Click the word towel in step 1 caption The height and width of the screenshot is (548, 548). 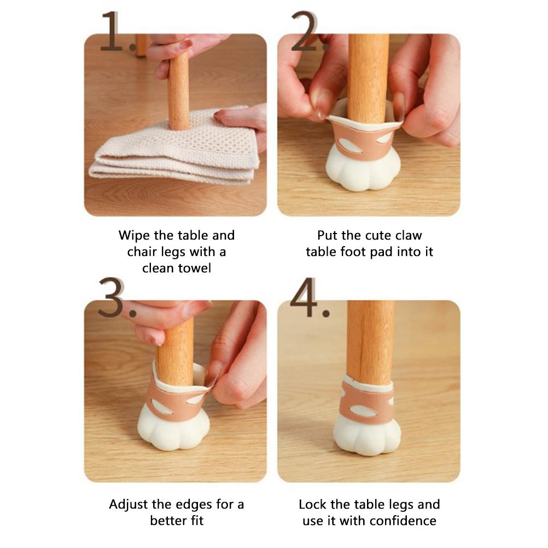point(194,268)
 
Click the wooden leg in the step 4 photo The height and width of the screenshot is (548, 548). point(371,342)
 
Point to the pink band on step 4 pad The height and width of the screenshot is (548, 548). point(367,403)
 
